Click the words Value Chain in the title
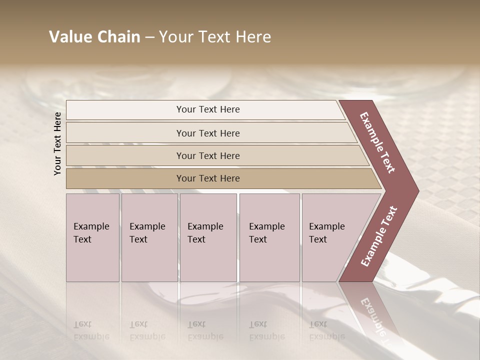[94, 37]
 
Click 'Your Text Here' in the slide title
[215, 37]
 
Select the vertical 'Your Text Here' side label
[57, 143]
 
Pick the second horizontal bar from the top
[208, 133]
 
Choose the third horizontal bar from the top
[208, 155]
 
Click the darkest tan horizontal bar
[208, 178]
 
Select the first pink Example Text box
[92, 237]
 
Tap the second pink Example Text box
[149, 237]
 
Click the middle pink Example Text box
[208, 237]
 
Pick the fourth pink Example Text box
[269, 237]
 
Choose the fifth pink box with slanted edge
[330, 237]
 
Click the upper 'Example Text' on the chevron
[378, 142]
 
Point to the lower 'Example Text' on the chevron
[379, 236]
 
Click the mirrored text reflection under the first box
[91, 330]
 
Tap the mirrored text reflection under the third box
[205, 330]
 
